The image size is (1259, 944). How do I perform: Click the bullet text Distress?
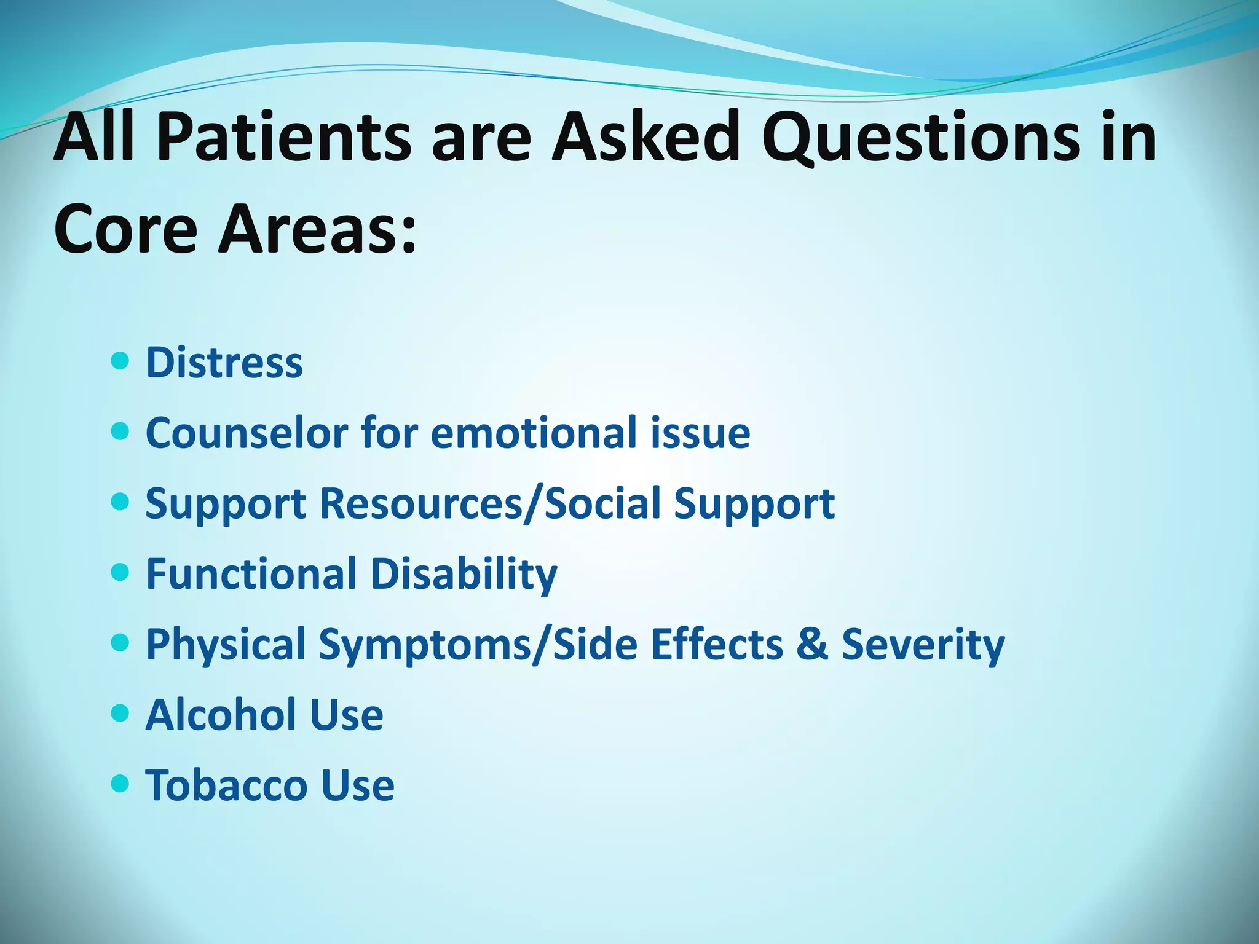(x=224, y=363)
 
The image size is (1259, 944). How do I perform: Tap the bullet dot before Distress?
(x=120, y=361)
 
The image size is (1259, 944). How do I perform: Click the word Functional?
(x=252, y=573)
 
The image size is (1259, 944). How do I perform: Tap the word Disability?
(x=464, y=573)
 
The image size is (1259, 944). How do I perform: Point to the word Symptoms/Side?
(x=478, y=644)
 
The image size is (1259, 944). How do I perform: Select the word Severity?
(x=923, y=644)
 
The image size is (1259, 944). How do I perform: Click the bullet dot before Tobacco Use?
(x=120, y=784)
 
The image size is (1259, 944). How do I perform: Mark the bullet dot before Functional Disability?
(x=120, y=572)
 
